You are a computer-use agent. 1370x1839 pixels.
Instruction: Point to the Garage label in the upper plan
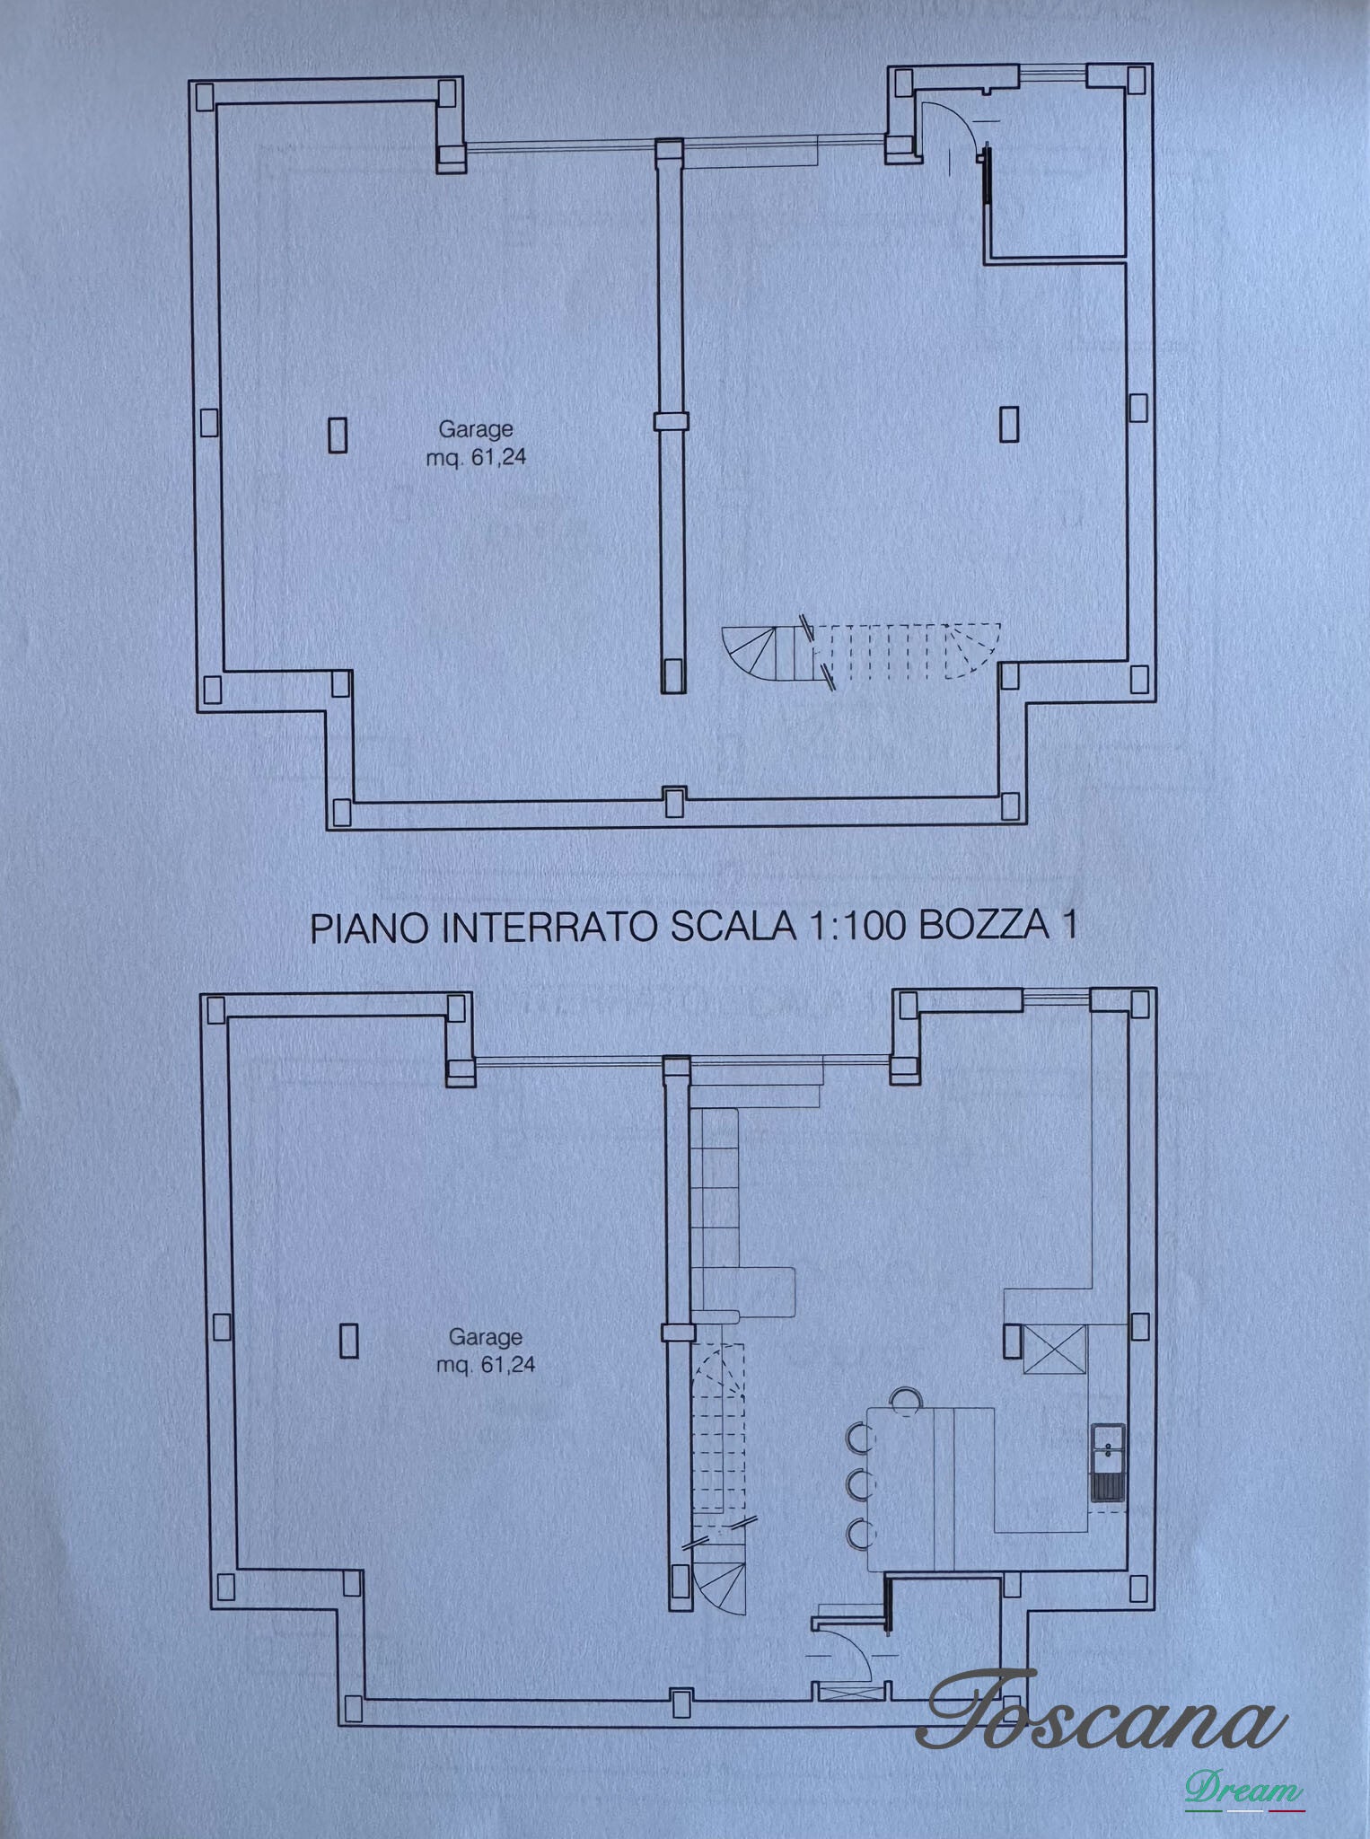point(475,429)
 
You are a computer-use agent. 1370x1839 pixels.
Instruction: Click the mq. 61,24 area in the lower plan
point(486,1365)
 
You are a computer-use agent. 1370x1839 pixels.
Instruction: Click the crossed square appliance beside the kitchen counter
point(1055,1350)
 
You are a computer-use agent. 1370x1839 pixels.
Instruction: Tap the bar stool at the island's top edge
point(906,1400)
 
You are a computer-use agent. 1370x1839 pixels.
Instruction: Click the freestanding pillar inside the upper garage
point(338,435)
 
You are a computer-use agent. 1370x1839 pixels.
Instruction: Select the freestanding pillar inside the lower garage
point(349,1342)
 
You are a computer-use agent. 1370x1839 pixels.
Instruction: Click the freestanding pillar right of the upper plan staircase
point(1009,424)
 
